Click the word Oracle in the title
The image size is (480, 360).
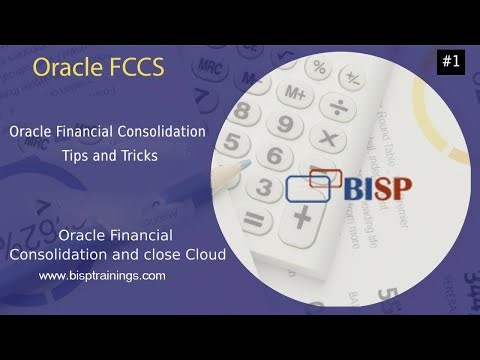pyautogui.click(x=64, y=68)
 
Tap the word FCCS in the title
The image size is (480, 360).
pyautogui.click(x=134, y=68)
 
